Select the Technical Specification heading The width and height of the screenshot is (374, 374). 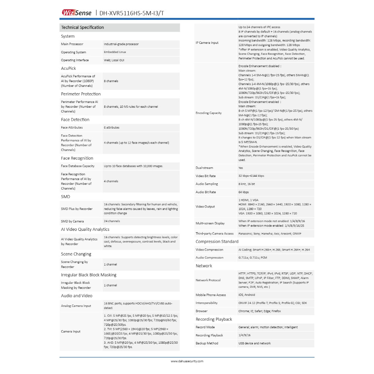tap(83, 27)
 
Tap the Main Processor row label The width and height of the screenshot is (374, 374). tap(72, 44)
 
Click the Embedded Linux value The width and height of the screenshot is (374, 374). tap(115, 52)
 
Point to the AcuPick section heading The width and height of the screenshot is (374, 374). tap(68, 68)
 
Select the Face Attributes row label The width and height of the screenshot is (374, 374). tap(72, 127)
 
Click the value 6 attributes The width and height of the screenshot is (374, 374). tap(111, 127)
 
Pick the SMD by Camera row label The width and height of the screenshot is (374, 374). tap(72, 221)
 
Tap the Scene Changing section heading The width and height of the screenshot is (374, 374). tap(76, 254)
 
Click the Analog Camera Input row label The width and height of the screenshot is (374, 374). tap(76, 306)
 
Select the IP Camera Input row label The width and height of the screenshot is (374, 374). tap(207, 43)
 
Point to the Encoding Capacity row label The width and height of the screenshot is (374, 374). tap(209, 113)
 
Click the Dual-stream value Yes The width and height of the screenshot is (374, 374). tap(241, 168)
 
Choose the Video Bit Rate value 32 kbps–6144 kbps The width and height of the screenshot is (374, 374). tap(251, 176)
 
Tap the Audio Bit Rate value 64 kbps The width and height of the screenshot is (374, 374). tap(244, 192)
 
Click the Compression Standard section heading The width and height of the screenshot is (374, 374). tap(217, 242)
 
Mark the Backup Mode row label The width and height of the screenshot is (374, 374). tap(207, 343)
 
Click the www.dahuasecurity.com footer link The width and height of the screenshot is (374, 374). tap(187, 361)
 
